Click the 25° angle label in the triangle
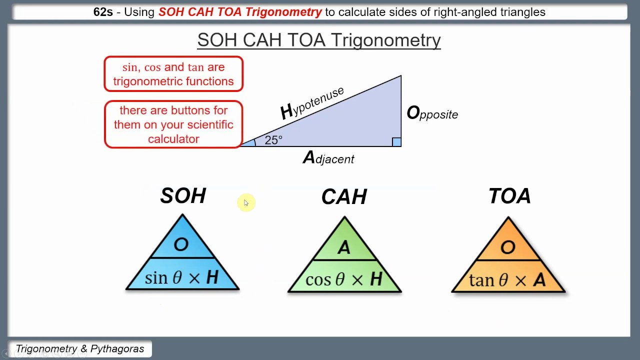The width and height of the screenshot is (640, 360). (273, 140)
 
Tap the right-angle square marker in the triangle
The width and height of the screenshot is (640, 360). (396, 142)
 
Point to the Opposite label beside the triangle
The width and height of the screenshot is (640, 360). (432, 113)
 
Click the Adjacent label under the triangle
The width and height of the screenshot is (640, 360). (328, 158)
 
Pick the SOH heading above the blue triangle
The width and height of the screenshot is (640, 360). (183, 195)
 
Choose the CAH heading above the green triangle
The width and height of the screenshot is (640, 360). (344, 197)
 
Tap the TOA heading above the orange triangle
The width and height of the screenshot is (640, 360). (509, 196)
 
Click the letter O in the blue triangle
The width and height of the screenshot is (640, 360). (181, 244)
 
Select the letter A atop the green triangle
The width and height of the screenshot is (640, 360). (343, 247)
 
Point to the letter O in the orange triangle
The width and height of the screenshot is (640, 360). (508, 247)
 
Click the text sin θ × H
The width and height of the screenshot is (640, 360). (181, 277)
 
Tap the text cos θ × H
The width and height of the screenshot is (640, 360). (344, 279)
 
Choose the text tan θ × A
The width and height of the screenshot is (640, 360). (507, 279)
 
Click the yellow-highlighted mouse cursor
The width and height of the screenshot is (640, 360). (246, 202)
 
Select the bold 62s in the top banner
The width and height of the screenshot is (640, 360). (103, 12)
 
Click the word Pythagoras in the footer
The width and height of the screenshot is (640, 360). (117, 349)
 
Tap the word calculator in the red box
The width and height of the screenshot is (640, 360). (173, 139)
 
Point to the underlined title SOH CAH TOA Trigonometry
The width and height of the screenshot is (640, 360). (319, 40)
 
